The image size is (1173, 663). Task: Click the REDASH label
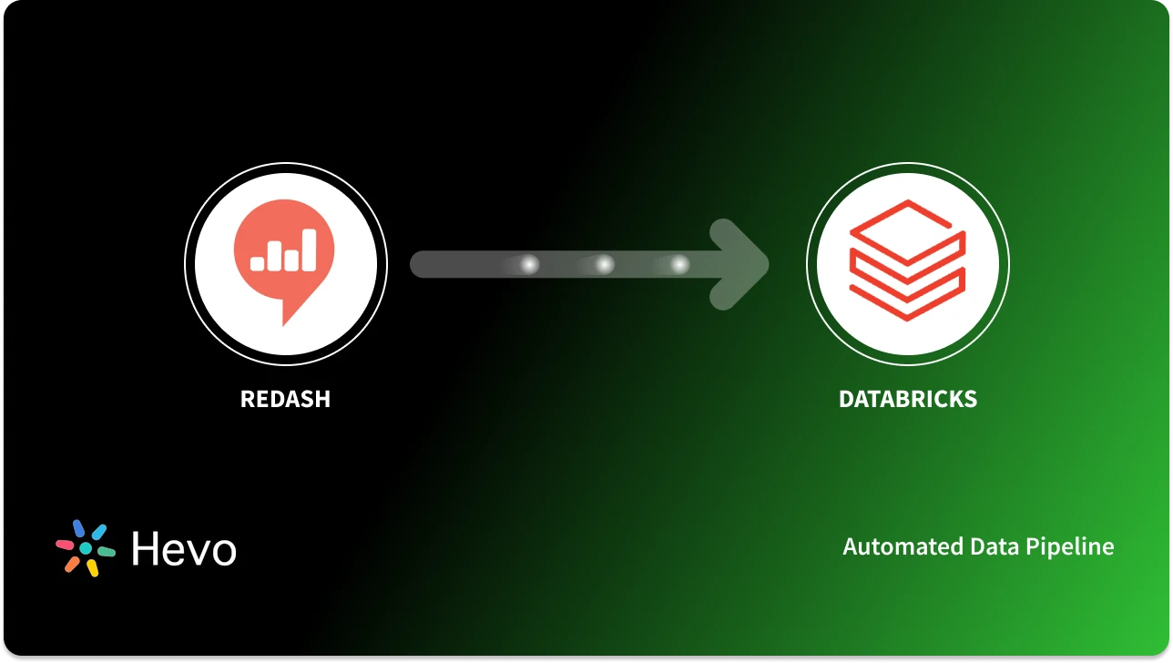pyautogui.click(x=285, y=399)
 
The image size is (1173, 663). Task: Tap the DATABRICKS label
pyautogui.click(x=907, y=399)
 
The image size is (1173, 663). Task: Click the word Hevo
pyautogui.click(x=183, y=548)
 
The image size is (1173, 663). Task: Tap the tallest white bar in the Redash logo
pyautogui.click(x=309, y=250)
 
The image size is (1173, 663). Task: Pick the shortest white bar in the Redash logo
pyautogui.click(x=257, y=263)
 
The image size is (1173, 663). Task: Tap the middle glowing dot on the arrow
pyautogui.click(x=604, y=265)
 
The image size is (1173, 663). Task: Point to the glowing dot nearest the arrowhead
pyautogui.click(x=679, y=265)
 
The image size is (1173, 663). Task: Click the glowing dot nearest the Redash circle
pyautogui.click(x=528, y=265)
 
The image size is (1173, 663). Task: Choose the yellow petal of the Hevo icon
pyautogui.click(x=92, y=568)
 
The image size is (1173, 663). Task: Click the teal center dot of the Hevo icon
pyautogui.click(x=86, y=549)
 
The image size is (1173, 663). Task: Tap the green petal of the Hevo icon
pyautogui.click(x=106, y=552)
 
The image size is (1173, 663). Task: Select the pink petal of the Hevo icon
pyautogui.click(x=65, y=545)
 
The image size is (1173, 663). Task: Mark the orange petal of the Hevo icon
pyautogui.click(x=71, y=564)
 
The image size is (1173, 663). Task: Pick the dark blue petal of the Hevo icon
pyautogui.click(x=78, y=528)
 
